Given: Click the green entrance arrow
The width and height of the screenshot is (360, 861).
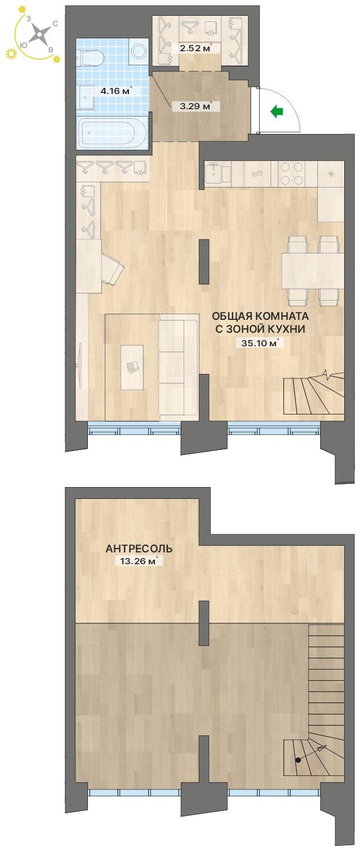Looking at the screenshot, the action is click(277, 111).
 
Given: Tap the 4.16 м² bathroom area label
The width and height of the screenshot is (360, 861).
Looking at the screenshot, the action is click(117, 91).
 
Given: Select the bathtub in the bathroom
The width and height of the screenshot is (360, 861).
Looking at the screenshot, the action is click(112, 133).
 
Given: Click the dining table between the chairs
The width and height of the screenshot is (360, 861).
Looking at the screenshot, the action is click(313, 271).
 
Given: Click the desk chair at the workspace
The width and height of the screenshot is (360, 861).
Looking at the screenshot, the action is click(113, 269).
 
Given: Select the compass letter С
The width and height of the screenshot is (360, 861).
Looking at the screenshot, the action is click(55, 24).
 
